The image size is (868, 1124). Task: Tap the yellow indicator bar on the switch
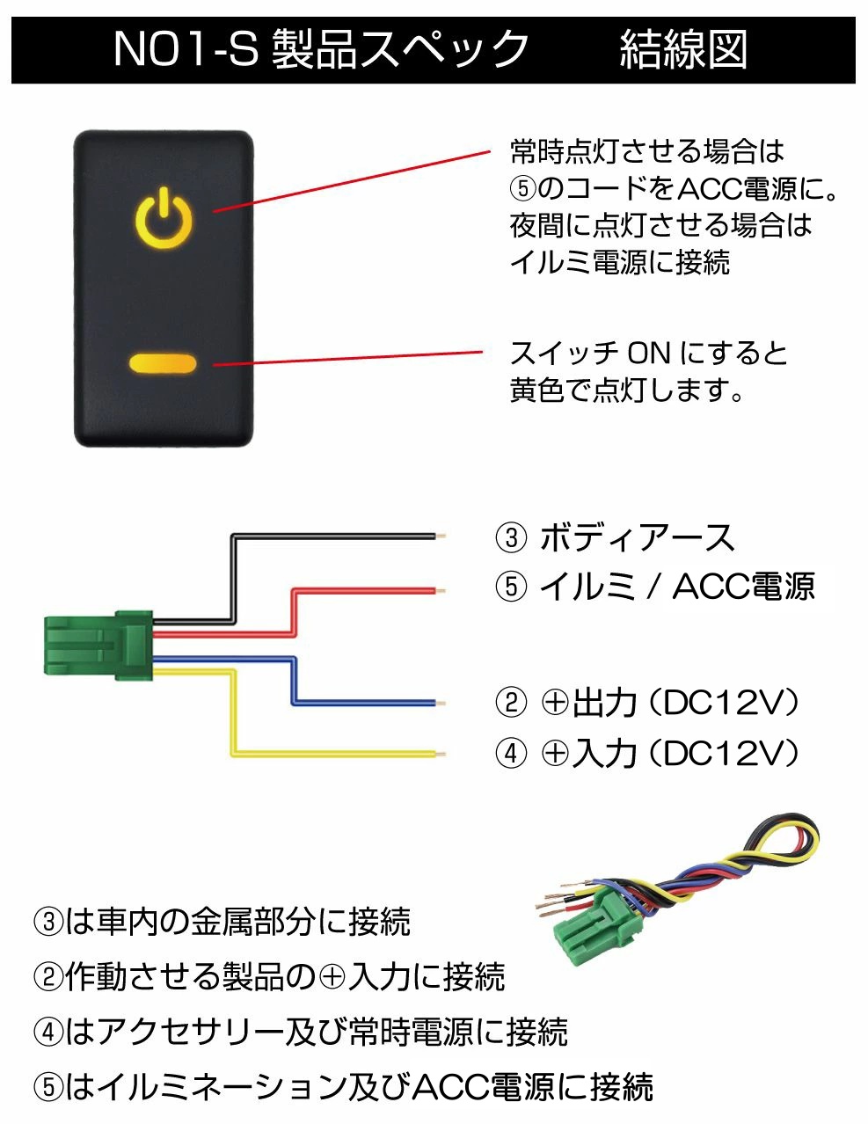163,363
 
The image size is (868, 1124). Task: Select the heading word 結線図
683,49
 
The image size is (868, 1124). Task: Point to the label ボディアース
637,538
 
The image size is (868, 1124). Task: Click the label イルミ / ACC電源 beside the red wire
677,587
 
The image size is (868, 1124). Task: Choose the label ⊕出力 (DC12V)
670,703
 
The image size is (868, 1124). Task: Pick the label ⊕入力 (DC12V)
670,753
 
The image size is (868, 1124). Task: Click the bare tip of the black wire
441,536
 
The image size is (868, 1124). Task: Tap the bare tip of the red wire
441,591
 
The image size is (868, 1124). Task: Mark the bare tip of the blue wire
441,704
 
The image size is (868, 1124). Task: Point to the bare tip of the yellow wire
441,754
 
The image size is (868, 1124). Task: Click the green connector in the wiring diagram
98,646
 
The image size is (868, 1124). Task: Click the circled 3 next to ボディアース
511,538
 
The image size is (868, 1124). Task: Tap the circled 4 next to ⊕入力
511,753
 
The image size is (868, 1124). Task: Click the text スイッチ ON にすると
648,354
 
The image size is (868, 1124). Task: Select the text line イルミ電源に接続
620,262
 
